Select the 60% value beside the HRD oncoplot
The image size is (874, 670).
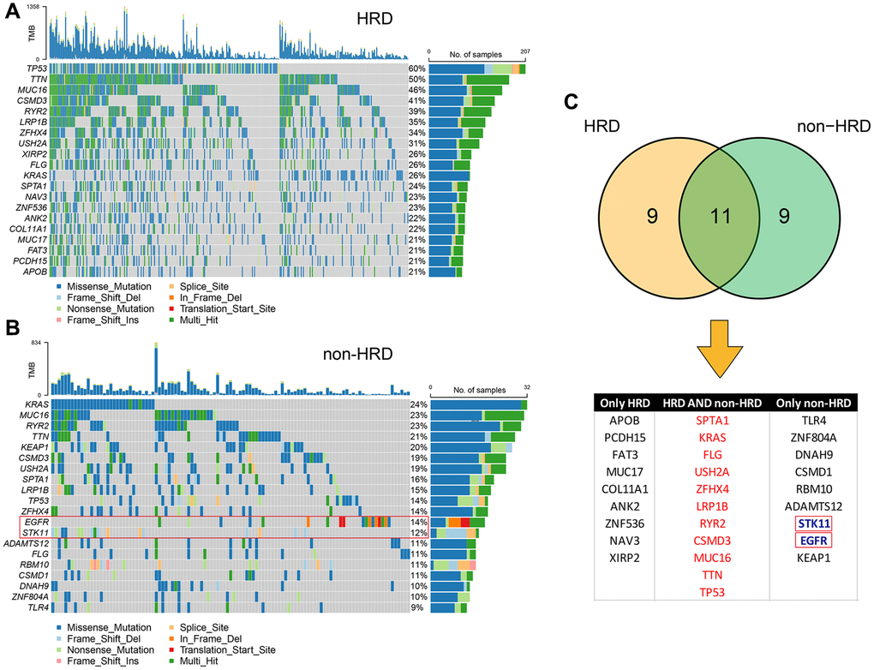(x=417, y=68)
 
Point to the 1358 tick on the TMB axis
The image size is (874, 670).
(x=32, y=6)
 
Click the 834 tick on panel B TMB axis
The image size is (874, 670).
(x=36, y=342)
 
